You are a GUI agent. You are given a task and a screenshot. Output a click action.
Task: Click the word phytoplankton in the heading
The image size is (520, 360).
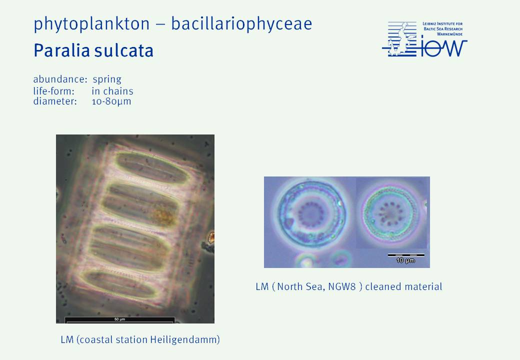click(91, 24)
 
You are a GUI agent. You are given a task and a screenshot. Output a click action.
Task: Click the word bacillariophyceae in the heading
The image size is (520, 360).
click(241, 23)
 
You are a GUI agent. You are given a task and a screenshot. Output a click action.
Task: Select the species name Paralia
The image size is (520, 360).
click(61, 50)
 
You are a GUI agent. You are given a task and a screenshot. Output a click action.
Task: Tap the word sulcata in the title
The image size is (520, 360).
click(123, 50)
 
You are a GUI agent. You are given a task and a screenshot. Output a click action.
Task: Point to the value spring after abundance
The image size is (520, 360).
click(107, 79)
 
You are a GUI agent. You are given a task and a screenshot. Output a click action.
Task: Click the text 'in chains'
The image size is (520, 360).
click(112, 91)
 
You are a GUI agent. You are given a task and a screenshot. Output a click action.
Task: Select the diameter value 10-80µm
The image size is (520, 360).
click(111, 101)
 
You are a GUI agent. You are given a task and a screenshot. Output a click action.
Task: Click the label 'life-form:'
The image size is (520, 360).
click(53, 91)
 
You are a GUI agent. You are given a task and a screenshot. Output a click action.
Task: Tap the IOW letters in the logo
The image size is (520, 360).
click(443, 48)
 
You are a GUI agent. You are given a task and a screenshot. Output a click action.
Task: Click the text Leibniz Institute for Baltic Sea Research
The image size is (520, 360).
click(442, 28)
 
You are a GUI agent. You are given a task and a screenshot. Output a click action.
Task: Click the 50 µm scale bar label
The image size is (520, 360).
click(119, 319)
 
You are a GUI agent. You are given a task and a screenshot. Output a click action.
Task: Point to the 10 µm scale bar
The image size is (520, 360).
click(406, 255)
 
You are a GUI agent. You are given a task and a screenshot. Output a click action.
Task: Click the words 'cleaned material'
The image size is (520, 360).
click(403, 286)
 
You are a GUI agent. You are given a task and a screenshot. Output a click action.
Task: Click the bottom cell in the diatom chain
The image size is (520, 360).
click(119, 284)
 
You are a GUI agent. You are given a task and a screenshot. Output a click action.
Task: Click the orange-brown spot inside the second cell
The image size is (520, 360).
click(163, 214)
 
